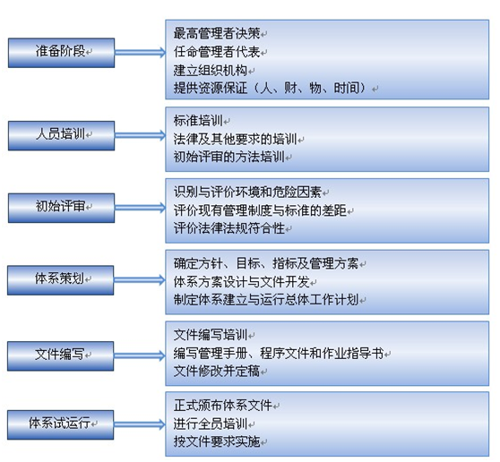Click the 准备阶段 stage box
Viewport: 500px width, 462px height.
61,53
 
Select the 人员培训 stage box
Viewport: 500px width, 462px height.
61,136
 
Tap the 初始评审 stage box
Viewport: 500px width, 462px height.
61,208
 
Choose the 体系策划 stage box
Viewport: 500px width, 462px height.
61,280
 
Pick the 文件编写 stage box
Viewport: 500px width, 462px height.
61,355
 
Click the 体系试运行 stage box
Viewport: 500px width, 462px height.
61,424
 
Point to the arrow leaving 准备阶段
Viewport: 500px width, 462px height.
140,53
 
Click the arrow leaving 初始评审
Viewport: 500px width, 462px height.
140,208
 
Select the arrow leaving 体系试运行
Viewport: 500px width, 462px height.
140,424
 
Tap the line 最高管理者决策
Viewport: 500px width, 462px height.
217,33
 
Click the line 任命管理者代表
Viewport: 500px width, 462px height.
217,52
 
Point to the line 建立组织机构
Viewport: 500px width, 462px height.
211,70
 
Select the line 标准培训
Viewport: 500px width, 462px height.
198,121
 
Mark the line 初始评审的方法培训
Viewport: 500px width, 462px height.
229,157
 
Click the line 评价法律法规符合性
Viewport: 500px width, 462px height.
229,228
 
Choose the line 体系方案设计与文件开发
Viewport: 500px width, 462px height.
241,282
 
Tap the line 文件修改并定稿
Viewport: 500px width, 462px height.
217,371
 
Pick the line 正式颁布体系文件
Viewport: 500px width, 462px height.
223,406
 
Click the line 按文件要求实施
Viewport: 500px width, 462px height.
217,441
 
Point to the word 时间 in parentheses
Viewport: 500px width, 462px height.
347,88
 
